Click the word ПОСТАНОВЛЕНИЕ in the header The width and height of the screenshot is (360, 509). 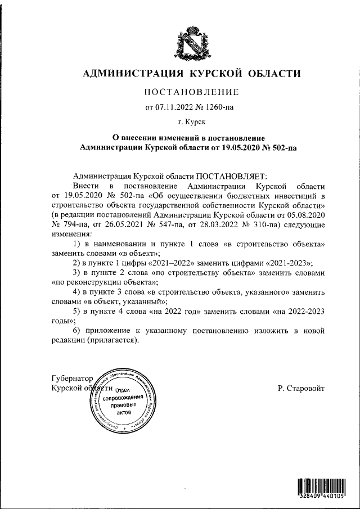coord(192,92)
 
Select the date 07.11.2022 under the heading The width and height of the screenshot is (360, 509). coord(173,106)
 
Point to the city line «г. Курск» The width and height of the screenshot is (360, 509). coord(191,121)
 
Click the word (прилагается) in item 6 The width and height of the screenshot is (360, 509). coord(111,340)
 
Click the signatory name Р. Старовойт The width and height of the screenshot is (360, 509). coord(301,389)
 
